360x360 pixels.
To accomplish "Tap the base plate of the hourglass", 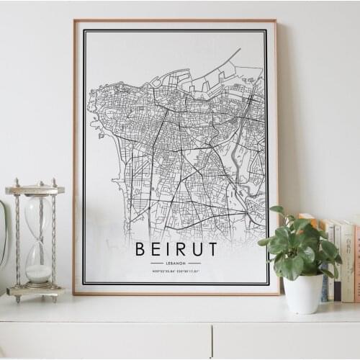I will [x=35, y=291].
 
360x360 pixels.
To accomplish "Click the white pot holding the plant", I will [x=303, y=294].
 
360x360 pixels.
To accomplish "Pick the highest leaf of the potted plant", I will [x=277, y=210].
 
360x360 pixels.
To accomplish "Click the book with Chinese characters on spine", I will [x=347, y=259].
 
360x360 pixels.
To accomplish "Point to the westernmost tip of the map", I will [x=89, y=108].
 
